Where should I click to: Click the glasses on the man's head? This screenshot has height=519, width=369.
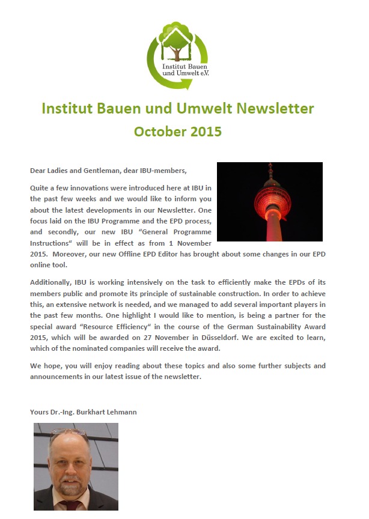[69, 431]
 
